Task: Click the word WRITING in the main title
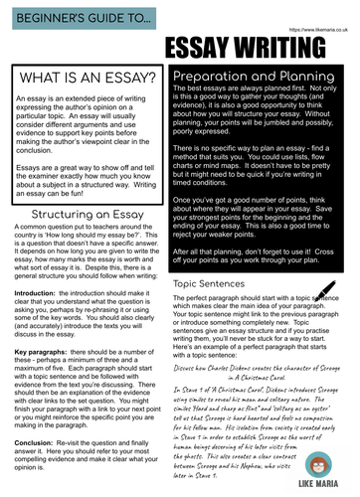click(304, 48)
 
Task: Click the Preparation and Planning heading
click(265, 75)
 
